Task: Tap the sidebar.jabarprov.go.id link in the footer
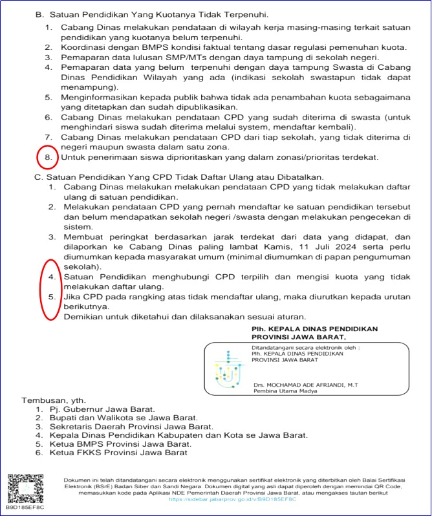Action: [x=233, y=499]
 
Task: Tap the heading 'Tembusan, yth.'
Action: [x=54, y=400]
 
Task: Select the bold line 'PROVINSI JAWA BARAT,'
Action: [x=298, y=338]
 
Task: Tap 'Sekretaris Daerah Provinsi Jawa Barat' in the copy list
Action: [x=132, y=427]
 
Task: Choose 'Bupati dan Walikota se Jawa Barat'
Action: [x=124, y=418]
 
